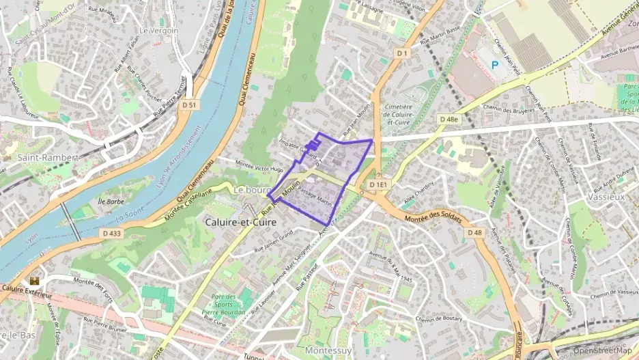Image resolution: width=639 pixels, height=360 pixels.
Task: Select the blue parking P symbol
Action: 495,64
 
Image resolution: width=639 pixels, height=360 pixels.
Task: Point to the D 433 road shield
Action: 113,234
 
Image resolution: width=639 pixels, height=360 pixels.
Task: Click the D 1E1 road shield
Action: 378,185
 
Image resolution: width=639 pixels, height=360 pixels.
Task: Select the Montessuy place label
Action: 328,350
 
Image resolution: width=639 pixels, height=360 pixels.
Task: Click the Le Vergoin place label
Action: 158,31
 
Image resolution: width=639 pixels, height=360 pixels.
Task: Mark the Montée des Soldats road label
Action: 434,219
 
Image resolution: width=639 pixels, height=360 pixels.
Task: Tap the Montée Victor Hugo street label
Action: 259,166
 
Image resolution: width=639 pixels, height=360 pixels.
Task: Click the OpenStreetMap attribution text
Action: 603,350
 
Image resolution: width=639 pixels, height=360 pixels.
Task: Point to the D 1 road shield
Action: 401,53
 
